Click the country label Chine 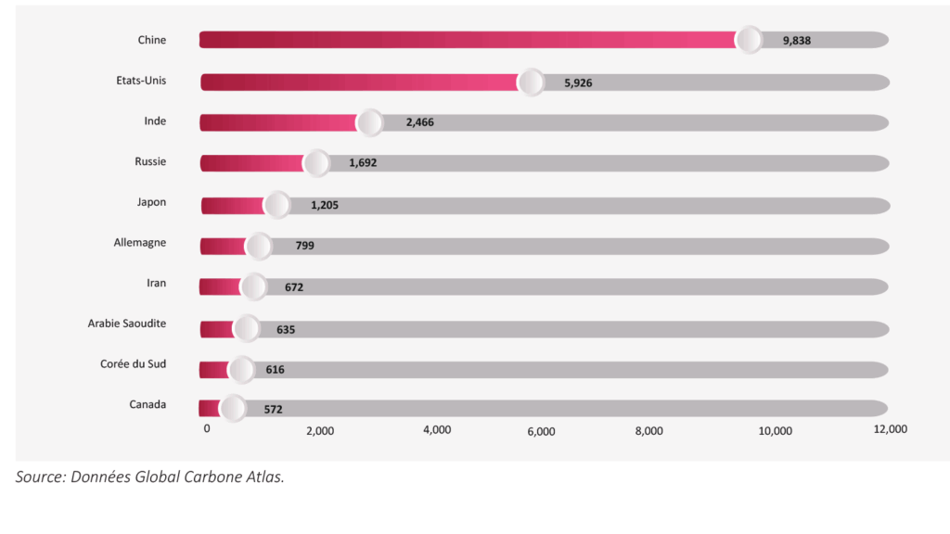[x=151, y=40]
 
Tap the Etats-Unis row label [x=135, y=81]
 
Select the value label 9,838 [x=797, y=41]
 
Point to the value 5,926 [x=578, y=83]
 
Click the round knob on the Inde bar [x=370, y=122]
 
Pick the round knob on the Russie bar [x=317, y=163]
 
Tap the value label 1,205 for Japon [x=325, y=205]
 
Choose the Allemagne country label [x=140, y=243]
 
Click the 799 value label [x=305, y=246]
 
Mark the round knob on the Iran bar [x=253, y=286]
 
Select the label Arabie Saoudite [x=127, y=324]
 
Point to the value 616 [x=275, y=370]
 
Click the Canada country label [x=148, y=404]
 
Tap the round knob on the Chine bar [x=749, y=40]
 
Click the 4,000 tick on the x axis [x=437, y=430]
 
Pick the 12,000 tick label [x=890, y=429]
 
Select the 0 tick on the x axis [x=207, y=429]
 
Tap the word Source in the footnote [x=40, y=478]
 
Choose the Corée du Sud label [x=133, y=363]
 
